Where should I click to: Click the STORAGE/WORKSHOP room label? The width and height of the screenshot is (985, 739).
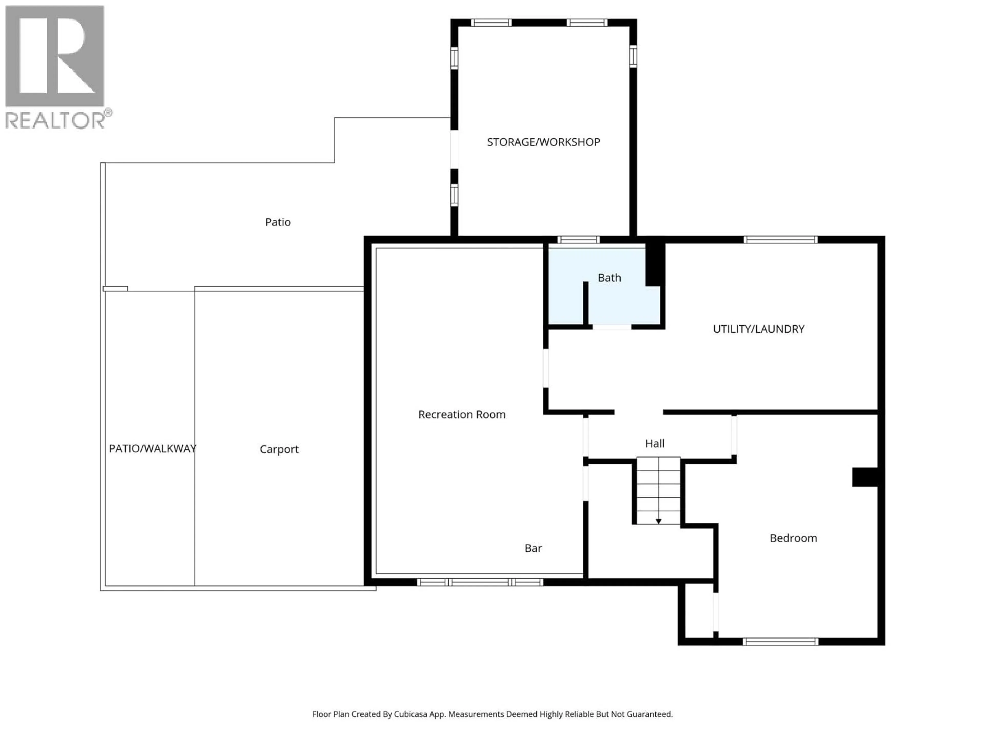pyautogui.click(x=543, y=142)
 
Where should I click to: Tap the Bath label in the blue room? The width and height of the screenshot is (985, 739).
pyautogui.click(x=609, y=278)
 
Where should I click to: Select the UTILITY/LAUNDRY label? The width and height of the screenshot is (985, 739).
pyautogui.click(x=758, y=329)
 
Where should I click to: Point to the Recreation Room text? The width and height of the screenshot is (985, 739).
pyautogui.click(x=462, y=415)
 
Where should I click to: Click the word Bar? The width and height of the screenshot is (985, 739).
pyautogui.click(x=533, y=548)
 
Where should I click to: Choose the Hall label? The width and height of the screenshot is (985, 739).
pyautogui.click(x=655, y=444)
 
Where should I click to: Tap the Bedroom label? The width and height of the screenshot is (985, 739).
pyautogui.click(x=793, y=538)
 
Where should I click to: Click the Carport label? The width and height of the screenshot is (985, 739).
pyautogui.click(x=279, y=449)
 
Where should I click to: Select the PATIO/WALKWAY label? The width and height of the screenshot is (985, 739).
pyautogui.click(x=153, y=449)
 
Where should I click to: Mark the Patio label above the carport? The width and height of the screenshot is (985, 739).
pyautogui.click(x=278, y=222)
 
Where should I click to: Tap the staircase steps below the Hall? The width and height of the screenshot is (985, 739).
pyautogui.click(x=658, y=490)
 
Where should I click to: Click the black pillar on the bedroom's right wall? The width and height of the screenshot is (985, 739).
pyautogui.click(x=865, y=477)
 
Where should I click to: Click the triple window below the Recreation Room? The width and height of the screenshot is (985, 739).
pyautogui.click(x=480, y=582)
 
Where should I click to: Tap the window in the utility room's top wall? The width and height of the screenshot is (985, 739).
pyautogui.click(x=780, y=240)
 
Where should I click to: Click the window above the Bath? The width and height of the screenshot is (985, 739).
pyautogui.click(x=578, y=240)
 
